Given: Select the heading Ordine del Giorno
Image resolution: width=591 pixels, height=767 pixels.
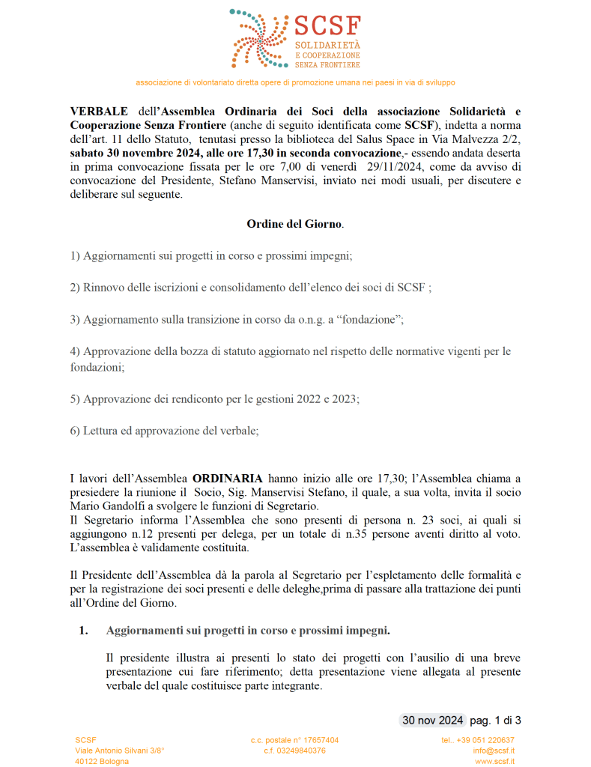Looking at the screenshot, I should point(295,223).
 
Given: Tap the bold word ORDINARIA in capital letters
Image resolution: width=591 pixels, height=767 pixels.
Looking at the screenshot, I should point(227,477).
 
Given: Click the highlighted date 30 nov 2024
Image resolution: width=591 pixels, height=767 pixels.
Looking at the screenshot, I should point(433,721).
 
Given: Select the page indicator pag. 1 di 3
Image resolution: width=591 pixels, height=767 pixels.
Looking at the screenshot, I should point(495,721).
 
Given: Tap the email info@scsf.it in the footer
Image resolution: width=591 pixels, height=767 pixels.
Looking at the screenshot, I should point(493,751).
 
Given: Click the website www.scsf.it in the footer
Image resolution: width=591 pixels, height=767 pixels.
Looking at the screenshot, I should point(494,761).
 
